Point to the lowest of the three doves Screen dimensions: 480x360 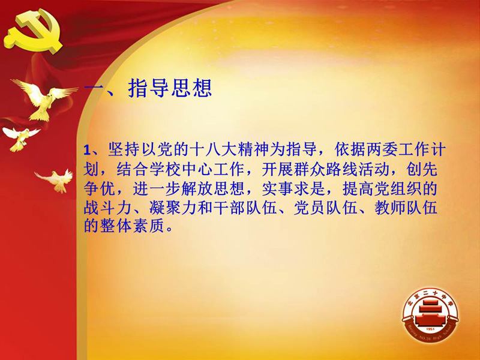[55, 181]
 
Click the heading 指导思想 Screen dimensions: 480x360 [170, 88]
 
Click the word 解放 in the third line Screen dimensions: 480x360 [197, 189]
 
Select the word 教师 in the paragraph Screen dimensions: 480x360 [391, 208]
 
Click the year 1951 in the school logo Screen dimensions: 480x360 [430, 329]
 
